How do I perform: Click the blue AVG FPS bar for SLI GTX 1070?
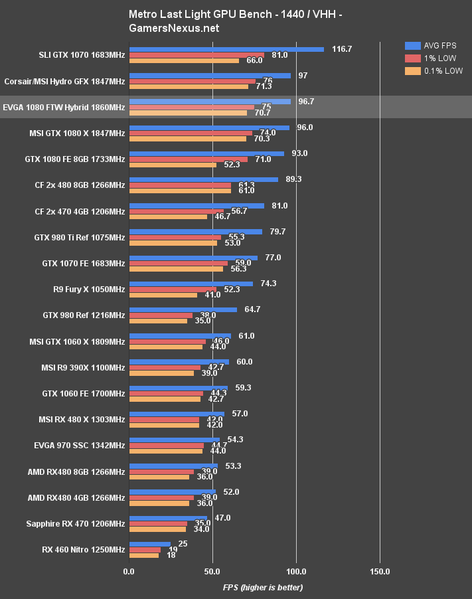click(226, 49)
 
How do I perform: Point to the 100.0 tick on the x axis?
click(296, 571)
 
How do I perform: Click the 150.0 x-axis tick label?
click(380, 571)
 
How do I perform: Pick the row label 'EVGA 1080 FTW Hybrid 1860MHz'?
click(64, 107)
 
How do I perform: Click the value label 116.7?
click(341, 49)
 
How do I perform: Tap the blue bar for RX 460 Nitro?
click(150, 544)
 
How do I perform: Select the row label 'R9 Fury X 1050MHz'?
click(83, 290)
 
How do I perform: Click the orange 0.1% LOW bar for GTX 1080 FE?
click(173, 165)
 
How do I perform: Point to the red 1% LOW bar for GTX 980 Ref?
click(161, 315)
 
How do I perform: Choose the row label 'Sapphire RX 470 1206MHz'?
click(75, 523)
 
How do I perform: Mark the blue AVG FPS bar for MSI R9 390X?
click(179, 362)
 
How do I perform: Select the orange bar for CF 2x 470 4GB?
click(168, 216)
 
